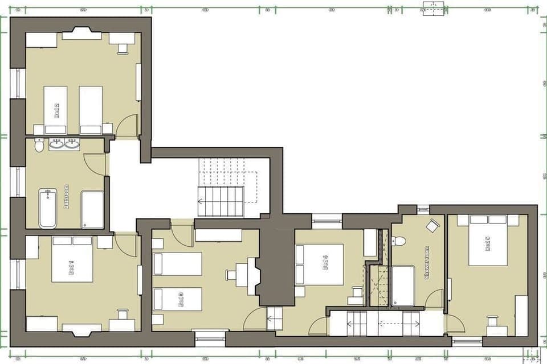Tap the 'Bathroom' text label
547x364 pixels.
[x=67, y=197]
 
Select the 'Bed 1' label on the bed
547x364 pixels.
[x=71, y=264]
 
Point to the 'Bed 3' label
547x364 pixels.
[x=180, y=300]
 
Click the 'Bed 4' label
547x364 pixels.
[x=325, y=263]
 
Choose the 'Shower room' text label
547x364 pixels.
[x=426, y=263]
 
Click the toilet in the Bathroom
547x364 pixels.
[x=39, y=146]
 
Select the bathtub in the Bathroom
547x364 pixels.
[x=47, y=208]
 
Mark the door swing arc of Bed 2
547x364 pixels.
[x=126, y=125]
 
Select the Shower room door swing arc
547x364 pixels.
[x=435, y=298]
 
